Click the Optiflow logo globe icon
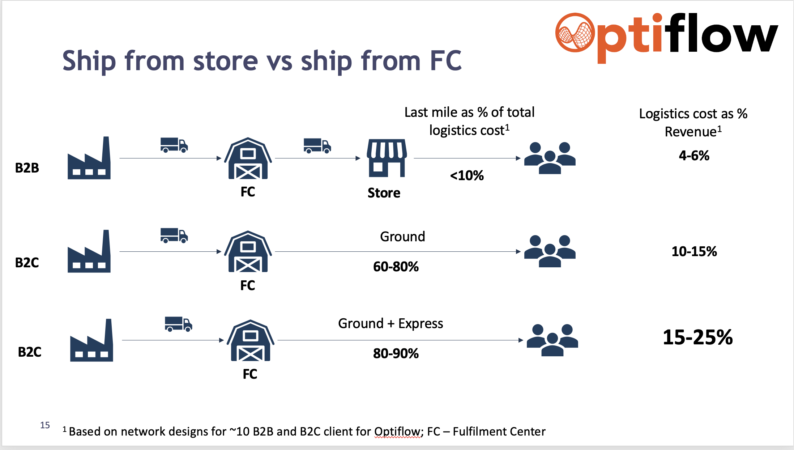[575, 33]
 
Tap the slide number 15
[45, 425]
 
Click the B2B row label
[27, 168]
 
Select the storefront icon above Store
[387, 158]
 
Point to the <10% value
[467, 176]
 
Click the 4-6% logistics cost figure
[694, 156]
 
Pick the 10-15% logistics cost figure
[694, 251]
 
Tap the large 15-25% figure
[697, 337]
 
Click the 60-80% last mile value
[396, 267]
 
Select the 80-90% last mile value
[396, 353]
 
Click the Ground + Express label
[390, 323]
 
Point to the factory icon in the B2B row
[89, 158]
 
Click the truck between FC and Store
[317, 145]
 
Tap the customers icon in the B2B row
[550, 158]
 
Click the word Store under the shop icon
[384, 193]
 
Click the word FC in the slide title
[445, 61]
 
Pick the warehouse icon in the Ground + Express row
[250, 340]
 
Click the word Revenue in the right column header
[690, 132]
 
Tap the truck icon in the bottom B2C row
[178, 324]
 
